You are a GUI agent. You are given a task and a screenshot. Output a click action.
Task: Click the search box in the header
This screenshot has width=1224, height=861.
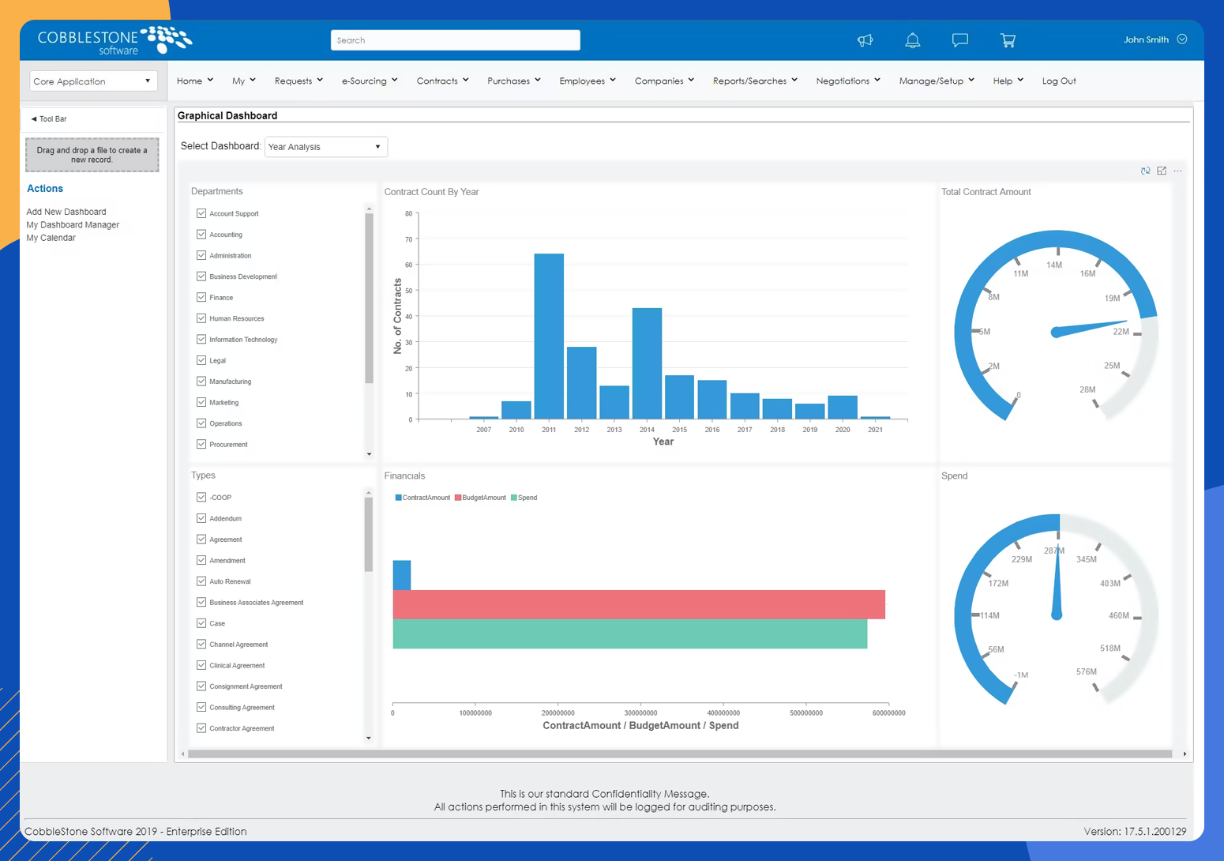tap(455, 40)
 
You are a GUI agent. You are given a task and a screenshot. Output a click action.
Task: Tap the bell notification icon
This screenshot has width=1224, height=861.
tap(912, 40)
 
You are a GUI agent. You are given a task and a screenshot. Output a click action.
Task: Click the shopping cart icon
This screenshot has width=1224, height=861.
tap(1008, 40)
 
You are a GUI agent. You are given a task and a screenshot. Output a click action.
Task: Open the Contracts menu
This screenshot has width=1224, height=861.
tap(442, 81)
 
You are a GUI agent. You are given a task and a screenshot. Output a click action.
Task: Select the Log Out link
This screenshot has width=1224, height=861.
tap(1058, 81)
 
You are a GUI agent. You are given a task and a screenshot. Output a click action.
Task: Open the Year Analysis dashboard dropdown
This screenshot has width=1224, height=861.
tap(325, 147)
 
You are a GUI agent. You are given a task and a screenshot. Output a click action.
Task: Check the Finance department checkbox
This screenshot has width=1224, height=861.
tap(201, 298)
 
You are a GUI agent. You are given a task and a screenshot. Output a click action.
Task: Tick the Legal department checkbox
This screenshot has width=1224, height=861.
tap(201, 360)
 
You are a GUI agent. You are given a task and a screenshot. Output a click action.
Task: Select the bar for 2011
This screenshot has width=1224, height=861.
tap(549, 336)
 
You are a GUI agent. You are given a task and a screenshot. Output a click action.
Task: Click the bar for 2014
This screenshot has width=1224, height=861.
tap(647, 363)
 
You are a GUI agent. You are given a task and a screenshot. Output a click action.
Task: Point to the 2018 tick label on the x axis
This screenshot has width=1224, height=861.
tap(777, 430)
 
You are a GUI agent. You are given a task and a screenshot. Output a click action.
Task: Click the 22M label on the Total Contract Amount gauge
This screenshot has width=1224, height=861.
tap(1121, 332)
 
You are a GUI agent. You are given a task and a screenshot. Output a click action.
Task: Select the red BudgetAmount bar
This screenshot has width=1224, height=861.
tap(638, 604)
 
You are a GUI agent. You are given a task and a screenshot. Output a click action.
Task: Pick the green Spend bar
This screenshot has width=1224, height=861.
tap(629, 634)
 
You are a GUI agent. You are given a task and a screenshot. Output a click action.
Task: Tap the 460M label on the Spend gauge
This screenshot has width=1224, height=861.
tap(1118, 615)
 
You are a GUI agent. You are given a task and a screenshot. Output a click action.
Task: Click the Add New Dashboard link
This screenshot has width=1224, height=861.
tap(66, 212)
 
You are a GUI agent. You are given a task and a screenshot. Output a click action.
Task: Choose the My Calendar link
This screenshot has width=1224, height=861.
tap(51, 238)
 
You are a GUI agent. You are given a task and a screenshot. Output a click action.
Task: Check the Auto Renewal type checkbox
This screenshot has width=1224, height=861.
tap(201, 581)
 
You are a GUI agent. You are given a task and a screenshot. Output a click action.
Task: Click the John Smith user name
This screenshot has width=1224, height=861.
tap(1146, 39)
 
